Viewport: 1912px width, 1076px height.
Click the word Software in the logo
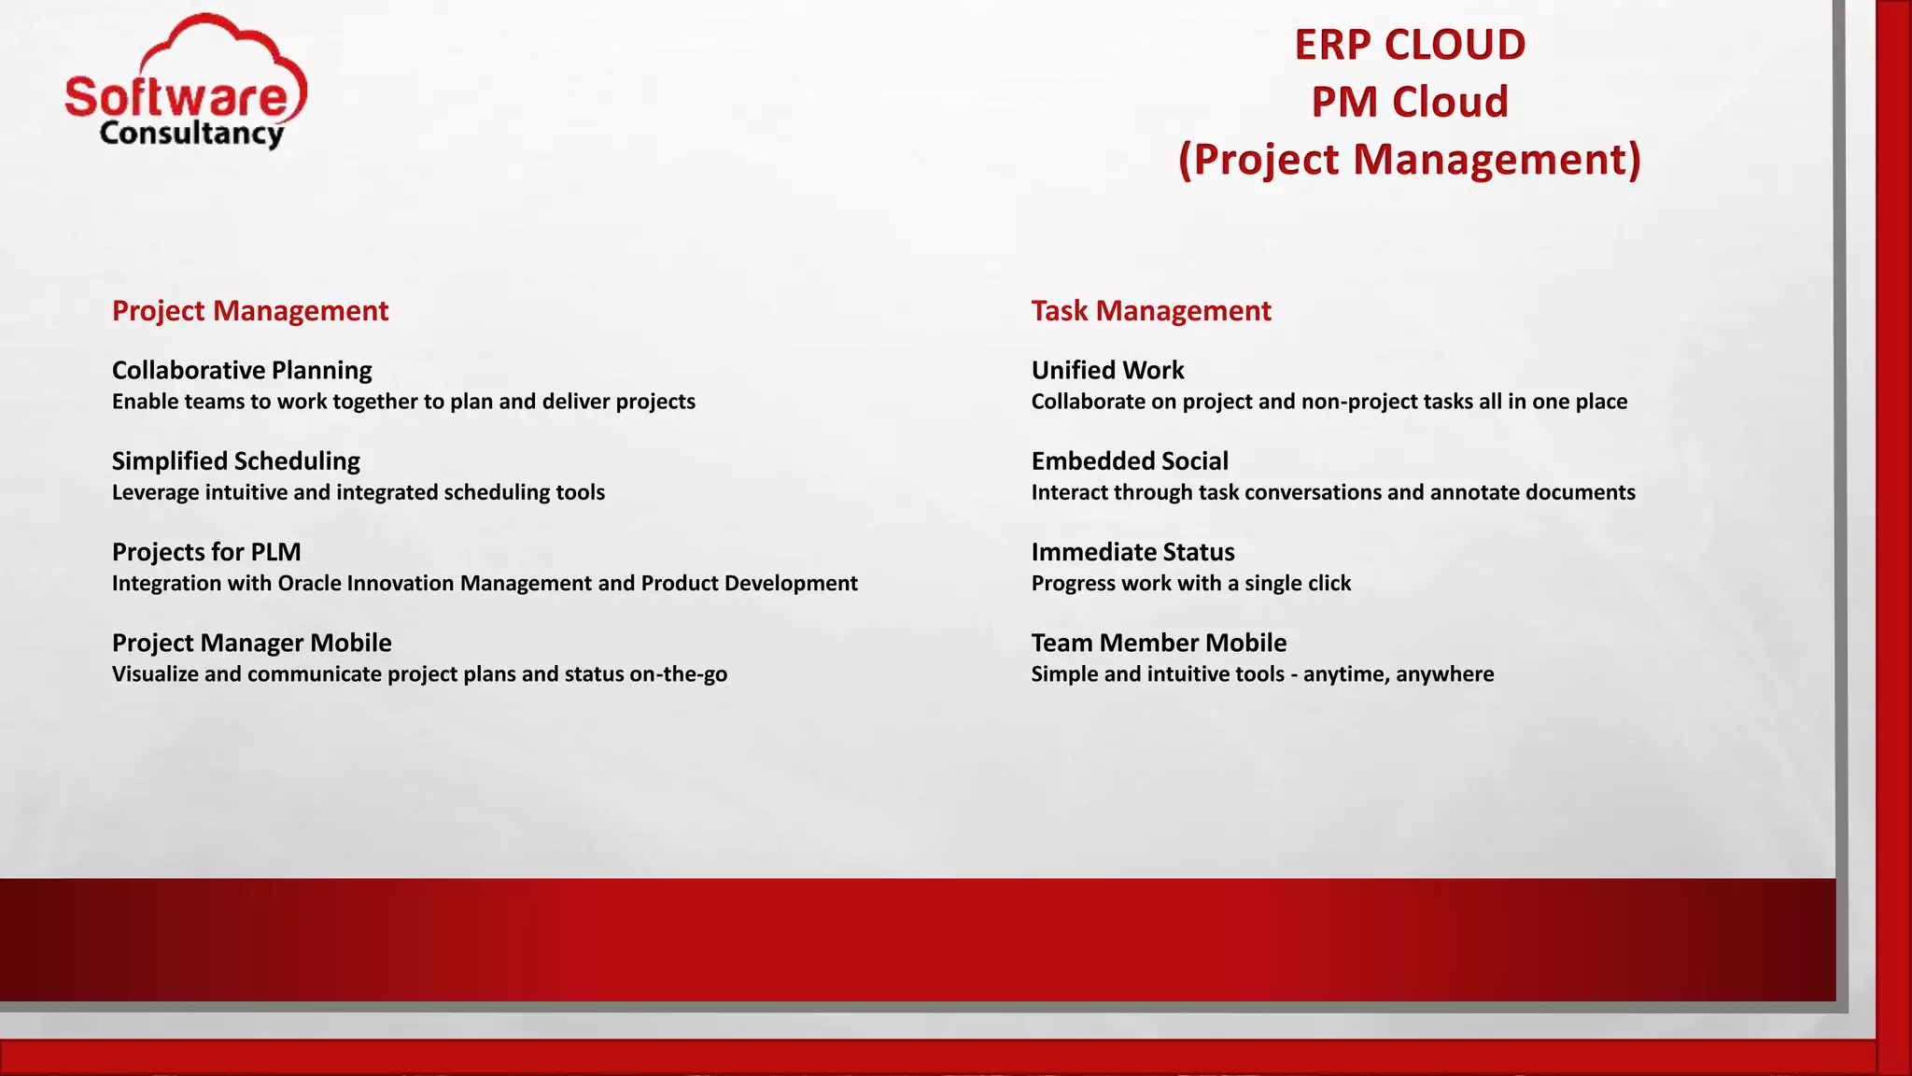(177, 97)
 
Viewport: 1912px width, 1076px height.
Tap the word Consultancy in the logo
(191, 134)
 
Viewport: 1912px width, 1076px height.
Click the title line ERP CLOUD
(1409, 45)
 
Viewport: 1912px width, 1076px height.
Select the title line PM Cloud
(1409, 102)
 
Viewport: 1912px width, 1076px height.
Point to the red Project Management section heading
(249, 311)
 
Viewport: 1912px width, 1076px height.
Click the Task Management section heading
(1150, 311)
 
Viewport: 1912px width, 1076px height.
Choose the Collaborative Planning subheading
(242, 371)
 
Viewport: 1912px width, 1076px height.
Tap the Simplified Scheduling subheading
(235, 461)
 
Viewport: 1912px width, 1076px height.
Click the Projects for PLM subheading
(206, 552)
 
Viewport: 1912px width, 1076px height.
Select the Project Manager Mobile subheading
(251, 643)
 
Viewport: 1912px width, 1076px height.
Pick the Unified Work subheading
(1107, 371)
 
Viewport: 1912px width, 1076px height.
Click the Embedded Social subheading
(1130, 461)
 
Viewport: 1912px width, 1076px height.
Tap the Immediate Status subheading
(1132, 552)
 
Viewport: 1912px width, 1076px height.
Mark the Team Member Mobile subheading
(1159, 643)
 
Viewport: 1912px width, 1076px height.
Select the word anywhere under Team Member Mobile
(1444, 674)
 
